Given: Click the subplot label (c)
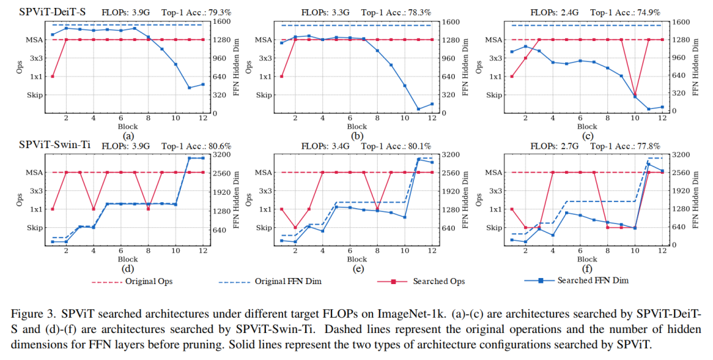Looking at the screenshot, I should (x=586, y=135).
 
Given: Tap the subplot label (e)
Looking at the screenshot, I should (x=357, y=268).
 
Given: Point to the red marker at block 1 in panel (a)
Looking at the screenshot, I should (x=52, y=77).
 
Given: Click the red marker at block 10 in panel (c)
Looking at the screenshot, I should (x=635, y=95).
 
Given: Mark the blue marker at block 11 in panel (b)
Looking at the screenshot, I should (x=419, y=109).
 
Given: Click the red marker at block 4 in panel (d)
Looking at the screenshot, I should (x=93, y=209).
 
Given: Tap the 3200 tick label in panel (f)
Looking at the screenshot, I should (x=680, y=154).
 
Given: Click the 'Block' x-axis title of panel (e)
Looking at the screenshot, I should (x=357, y=259).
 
